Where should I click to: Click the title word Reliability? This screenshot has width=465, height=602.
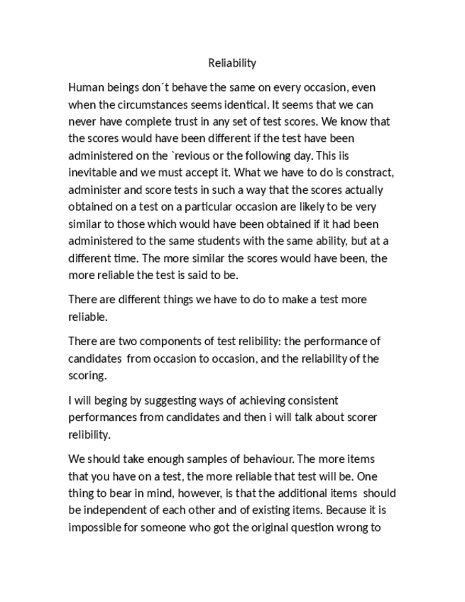pos(232,63)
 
